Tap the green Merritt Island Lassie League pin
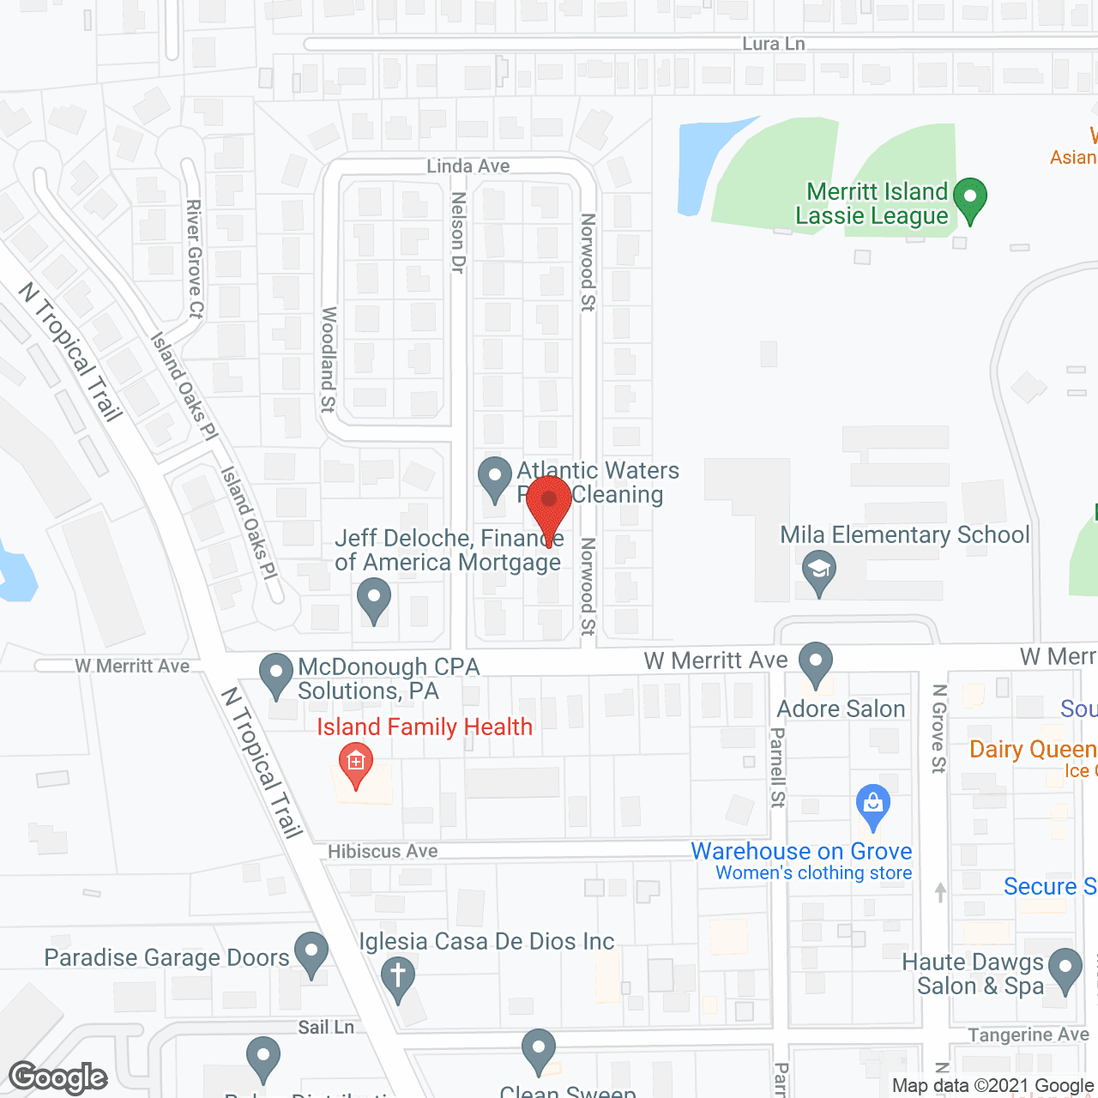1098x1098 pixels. (x=970, y=198)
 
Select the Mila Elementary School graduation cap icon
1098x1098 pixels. (x=819, y=570)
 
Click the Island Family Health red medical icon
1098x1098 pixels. (x=355, y=763)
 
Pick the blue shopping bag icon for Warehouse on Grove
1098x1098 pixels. (x=872, y=805)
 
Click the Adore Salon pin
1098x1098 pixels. (x=816, y=663)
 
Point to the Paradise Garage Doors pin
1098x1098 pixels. (x=311, y=953)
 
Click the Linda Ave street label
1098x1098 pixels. (x=468, y=166)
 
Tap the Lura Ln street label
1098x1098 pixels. (x=773, y=44)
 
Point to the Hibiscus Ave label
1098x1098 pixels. (x=383, y=851)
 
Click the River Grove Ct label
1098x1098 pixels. (x=196, y=259)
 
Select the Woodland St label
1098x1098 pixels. (x=328, y=359)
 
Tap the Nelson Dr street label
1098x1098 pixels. (x=458, y=232)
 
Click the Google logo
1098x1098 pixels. (x=58, y=1077)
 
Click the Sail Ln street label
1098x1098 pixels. (x=326, y=1027)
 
